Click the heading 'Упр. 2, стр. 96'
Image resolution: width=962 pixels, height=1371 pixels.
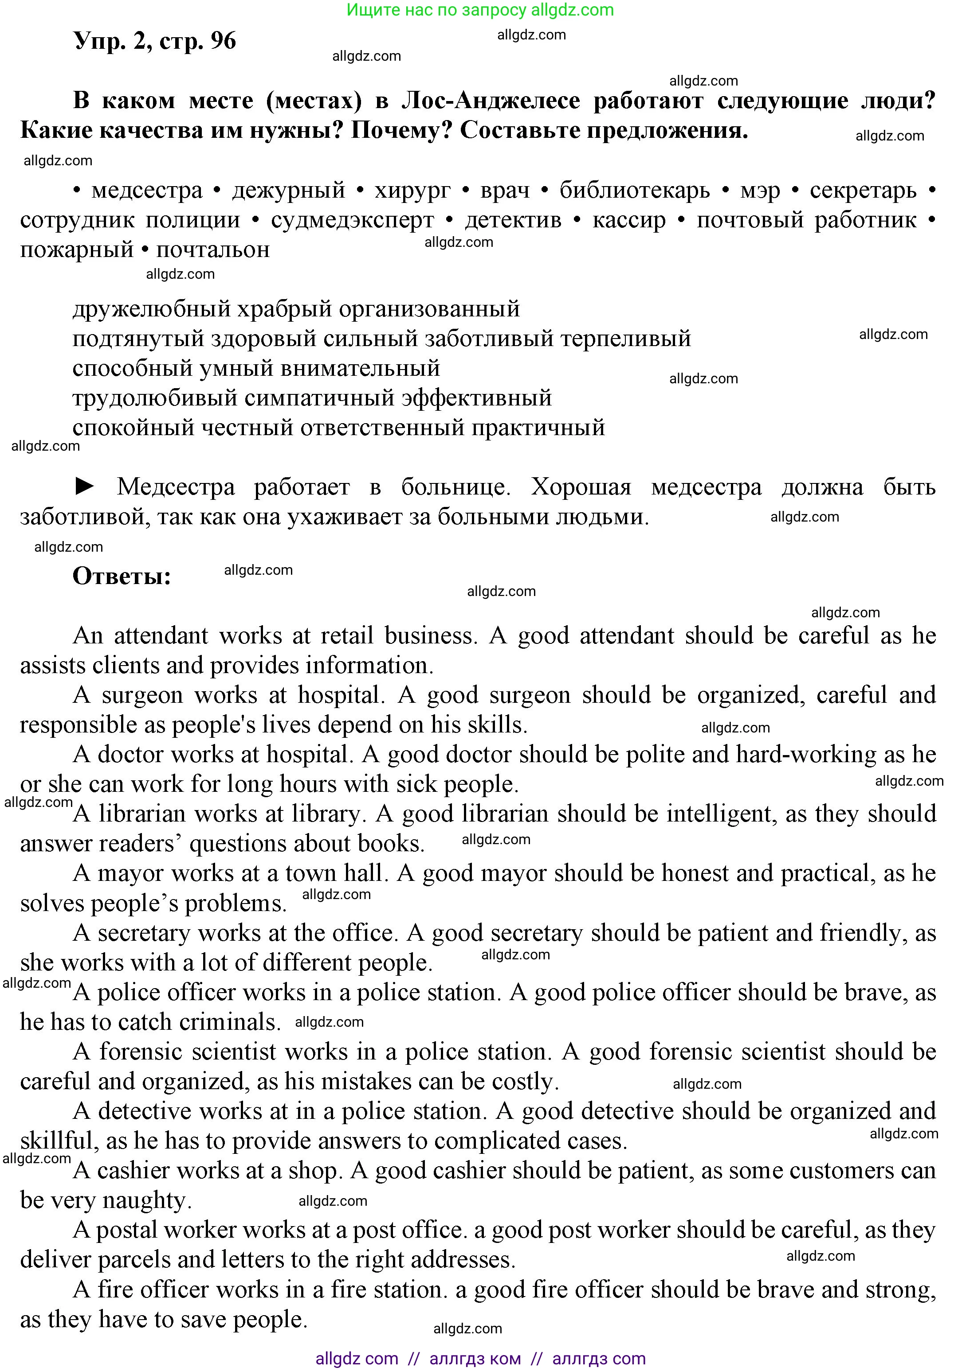pos(155,41)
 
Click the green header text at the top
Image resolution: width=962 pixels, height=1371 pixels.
pos(480,10)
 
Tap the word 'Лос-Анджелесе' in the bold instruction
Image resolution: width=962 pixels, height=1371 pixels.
pos(491,101)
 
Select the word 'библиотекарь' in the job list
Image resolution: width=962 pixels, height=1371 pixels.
pos(635,191)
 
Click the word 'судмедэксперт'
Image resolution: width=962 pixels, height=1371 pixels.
pos(353,220)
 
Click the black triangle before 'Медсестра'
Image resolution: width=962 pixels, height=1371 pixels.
pos(85,487)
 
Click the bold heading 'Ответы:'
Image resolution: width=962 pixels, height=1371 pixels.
pos(122,576)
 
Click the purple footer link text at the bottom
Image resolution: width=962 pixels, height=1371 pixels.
pos(480,1359)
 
